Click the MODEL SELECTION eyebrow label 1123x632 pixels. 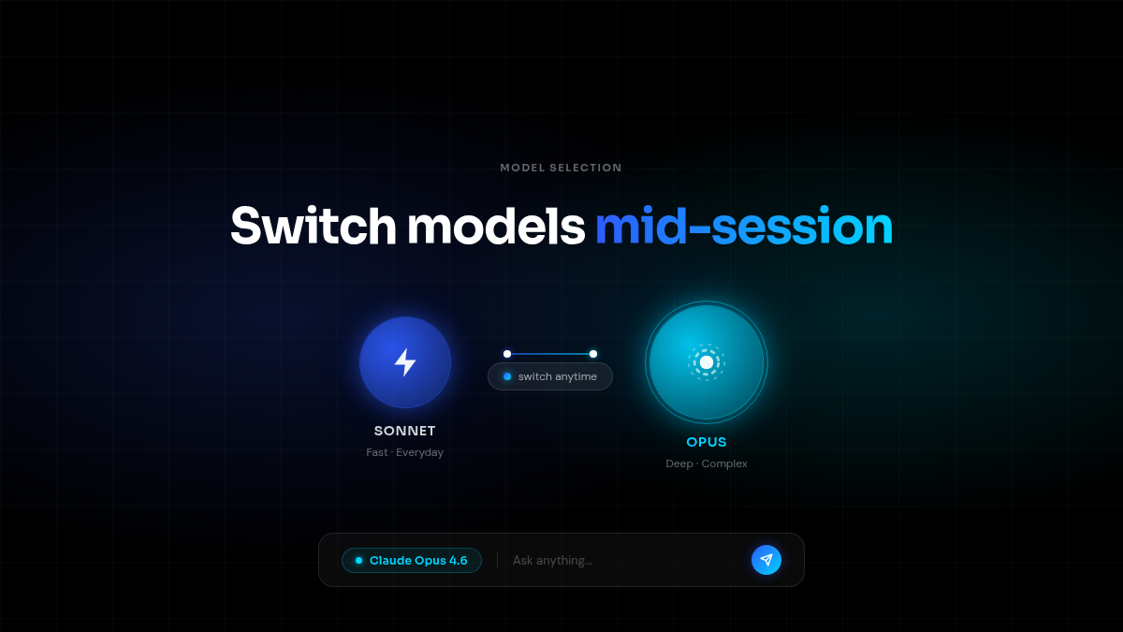click(561, 168)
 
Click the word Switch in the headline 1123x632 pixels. click(314, 227)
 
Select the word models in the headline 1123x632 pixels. click(496, 227)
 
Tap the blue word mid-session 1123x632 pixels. click(744, 227)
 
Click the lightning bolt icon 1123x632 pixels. click(405, 362)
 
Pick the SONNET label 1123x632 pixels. click(404, 432)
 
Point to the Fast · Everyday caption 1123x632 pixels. click(404, 452)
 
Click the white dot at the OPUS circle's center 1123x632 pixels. click(707, 362)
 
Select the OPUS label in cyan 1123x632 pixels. click(707, 442)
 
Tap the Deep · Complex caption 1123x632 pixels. click(707, 463)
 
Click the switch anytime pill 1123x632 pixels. click(550, 376)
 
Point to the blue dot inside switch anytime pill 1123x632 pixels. click(507, 376)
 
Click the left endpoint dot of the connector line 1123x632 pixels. click(507, 354)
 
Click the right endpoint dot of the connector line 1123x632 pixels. click(593, 354)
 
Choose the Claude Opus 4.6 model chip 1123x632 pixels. click(412, 560)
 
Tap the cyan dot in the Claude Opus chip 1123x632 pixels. click(358, 560)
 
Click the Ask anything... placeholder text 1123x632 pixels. click(552, 560)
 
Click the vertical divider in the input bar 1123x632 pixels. click(497, 560)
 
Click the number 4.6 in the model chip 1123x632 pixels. click(458, 560)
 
